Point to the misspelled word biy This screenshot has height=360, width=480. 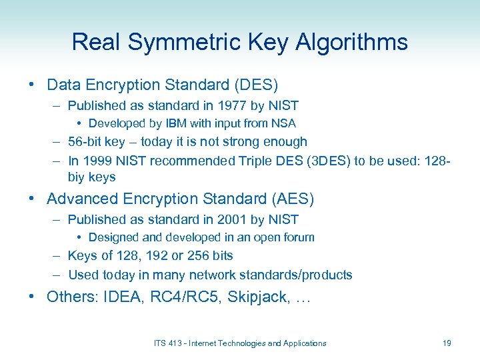coord(77,177)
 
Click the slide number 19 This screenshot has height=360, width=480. coord(447,343)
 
